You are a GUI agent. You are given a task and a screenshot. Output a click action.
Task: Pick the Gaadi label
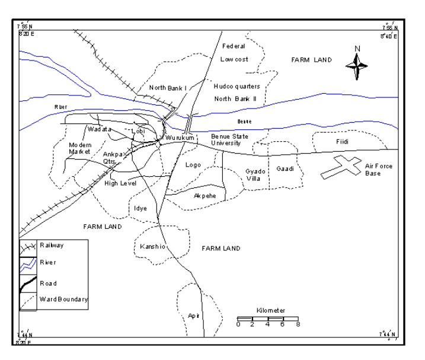click(x=285, y=168)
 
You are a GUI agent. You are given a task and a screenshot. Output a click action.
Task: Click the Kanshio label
click(x=151, y=246)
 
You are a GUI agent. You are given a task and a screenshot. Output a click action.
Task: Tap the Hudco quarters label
click(x=237, y=86)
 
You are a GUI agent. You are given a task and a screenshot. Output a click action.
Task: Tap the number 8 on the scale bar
click(x=298, y=324)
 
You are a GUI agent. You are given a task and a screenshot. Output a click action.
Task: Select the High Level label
click(x=120, y=183)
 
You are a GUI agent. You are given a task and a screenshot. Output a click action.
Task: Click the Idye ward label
click(x=140, y=208)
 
